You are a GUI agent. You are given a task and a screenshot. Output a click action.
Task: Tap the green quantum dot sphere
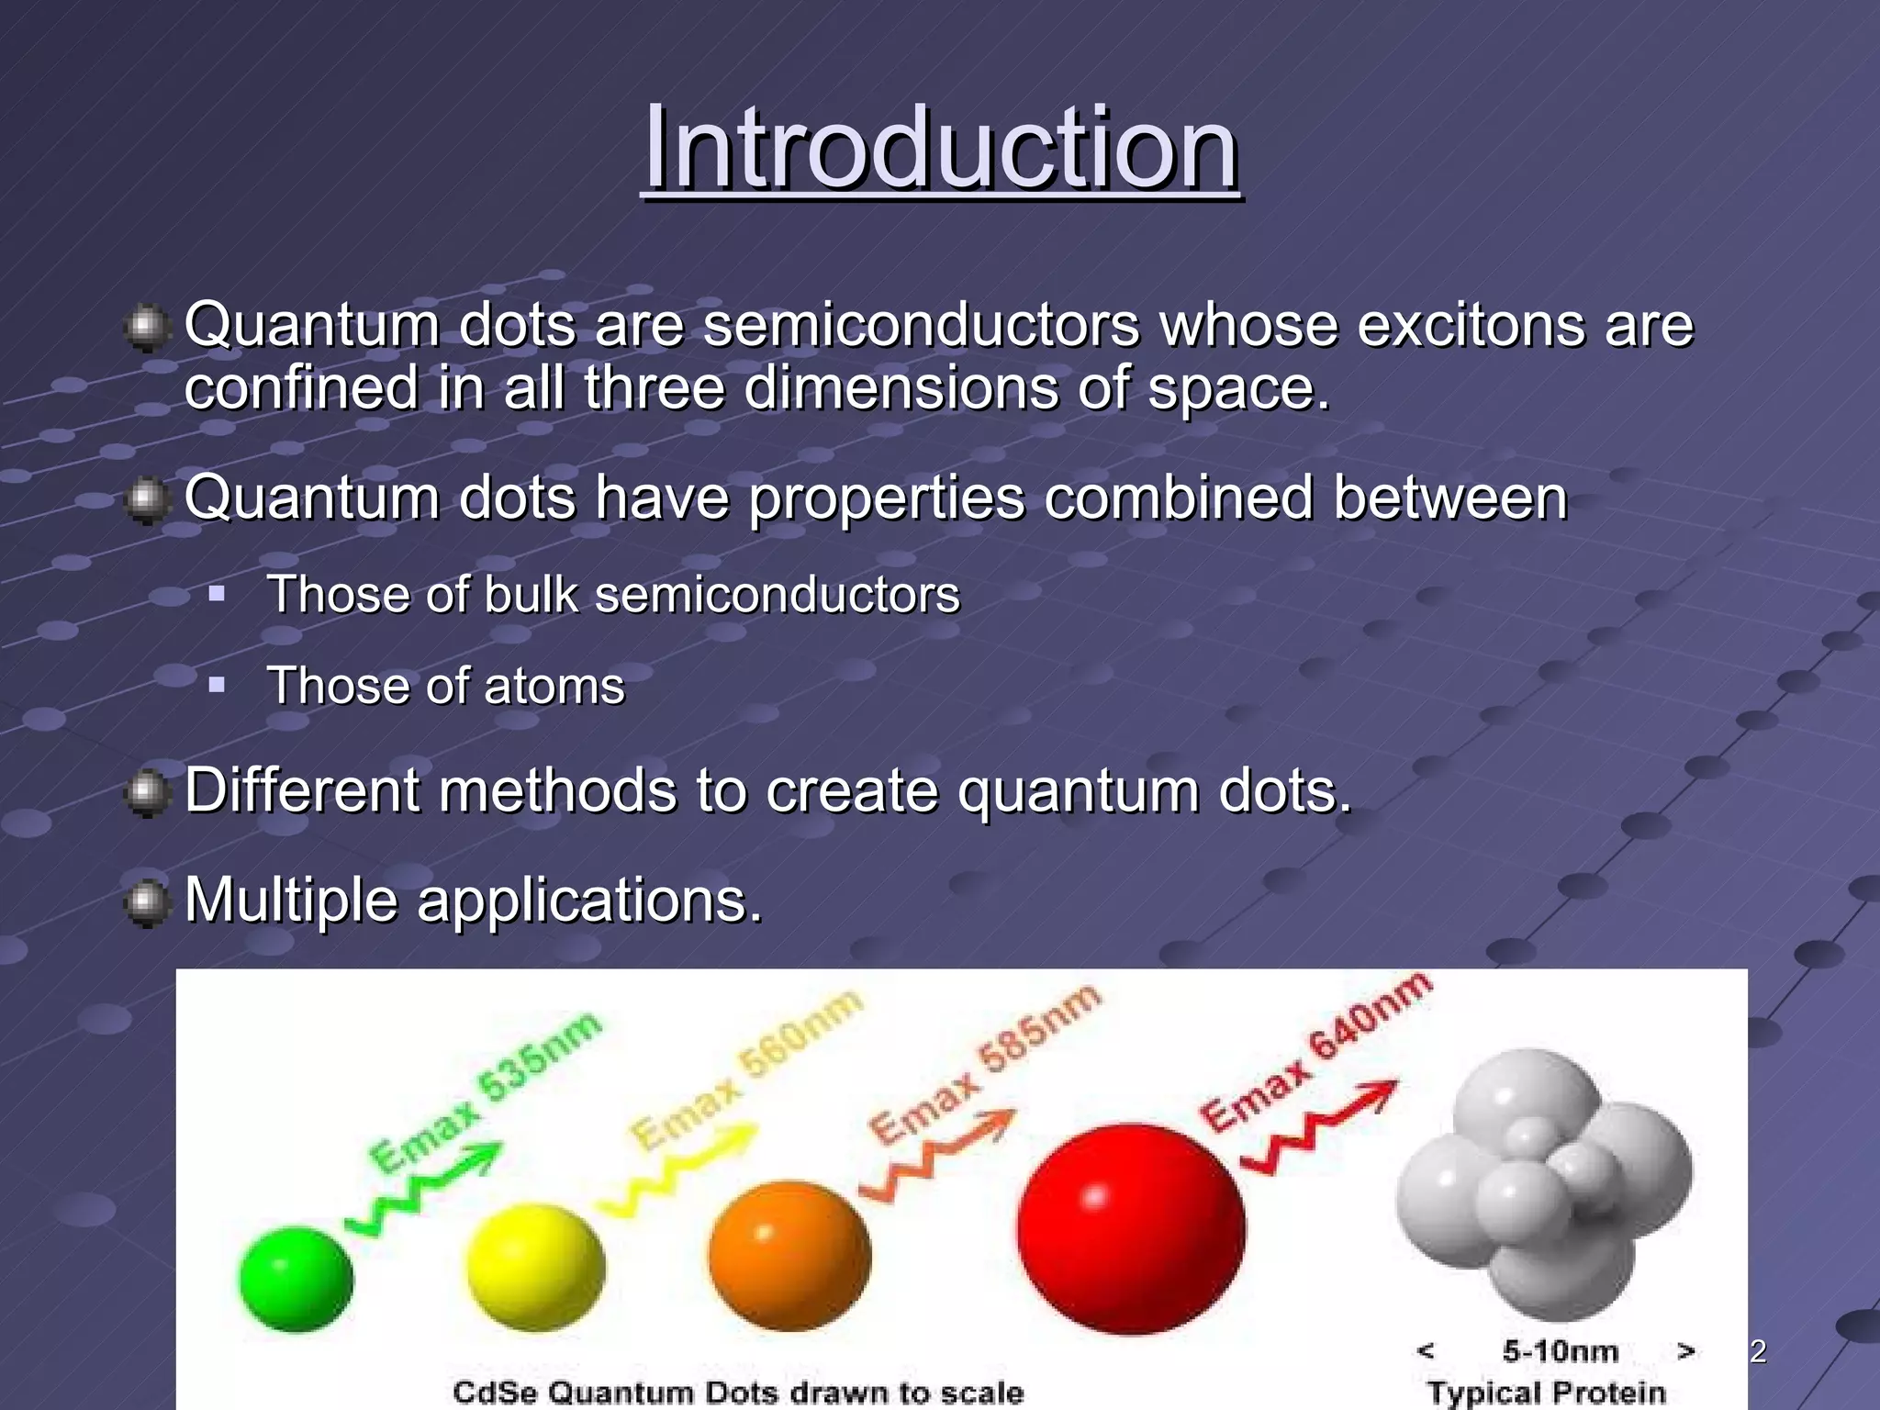click(x=296, y=1278)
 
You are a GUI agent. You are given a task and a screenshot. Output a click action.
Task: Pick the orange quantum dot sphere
click(x=789, y=1256)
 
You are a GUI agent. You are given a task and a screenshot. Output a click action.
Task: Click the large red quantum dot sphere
click(x=1131, y=1228)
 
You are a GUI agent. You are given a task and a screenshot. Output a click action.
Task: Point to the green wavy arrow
click(x=422, y=1189)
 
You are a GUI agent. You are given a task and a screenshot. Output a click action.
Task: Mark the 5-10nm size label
click(x=1560, y=1350)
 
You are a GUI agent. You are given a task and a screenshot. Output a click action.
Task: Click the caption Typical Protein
click(x=1546, y=1392)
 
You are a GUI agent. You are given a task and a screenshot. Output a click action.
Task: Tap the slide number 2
click(x=1758, y=1351)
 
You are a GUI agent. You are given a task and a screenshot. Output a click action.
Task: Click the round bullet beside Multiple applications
click(x=146, y=902)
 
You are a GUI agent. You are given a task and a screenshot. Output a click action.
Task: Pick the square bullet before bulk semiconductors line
click(x=217, y=594)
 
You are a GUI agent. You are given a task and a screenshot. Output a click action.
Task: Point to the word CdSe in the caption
click(x=495, y=1392)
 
